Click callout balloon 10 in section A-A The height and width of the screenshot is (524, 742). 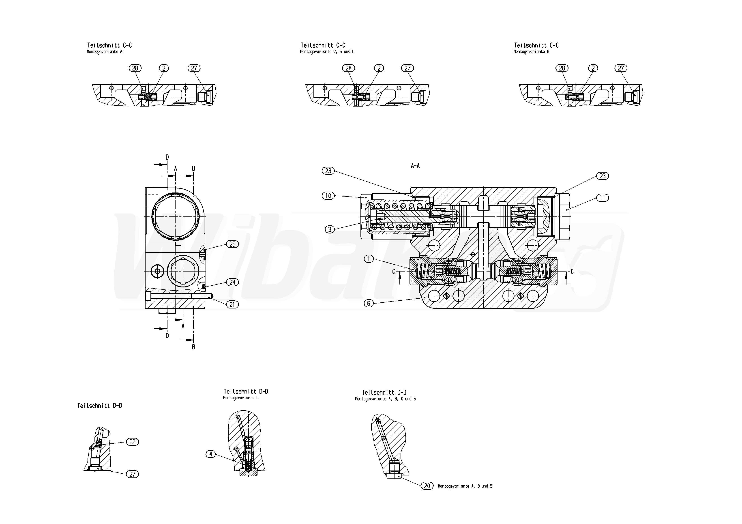click(x=328, y=195)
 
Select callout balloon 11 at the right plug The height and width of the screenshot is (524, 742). click(x=602, y=198)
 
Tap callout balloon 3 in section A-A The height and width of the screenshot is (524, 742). click(x=330, y=229)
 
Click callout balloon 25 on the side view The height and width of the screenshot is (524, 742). click(x=233, y=244)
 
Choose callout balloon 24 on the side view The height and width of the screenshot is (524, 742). click(x=233, y=282)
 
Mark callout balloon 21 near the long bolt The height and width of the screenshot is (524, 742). click(x=232, y=304)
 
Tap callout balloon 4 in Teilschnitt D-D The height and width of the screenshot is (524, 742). click(x=210, y=454)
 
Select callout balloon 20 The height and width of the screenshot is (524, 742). click(x=427, y=486)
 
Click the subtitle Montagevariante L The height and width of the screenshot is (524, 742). click(x=241, y=398)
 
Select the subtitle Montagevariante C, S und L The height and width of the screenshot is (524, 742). click(x=327, y=52)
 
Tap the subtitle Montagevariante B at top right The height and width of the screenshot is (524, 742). click(x=531, y=52)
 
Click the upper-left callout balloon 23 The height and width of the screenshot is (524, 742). click(x=328, y=171)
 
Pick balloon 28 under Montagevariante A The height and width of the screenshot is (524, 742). click(x=135, y=68)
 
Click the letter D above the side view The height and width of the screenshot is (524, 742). click(x=167, y=157)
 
